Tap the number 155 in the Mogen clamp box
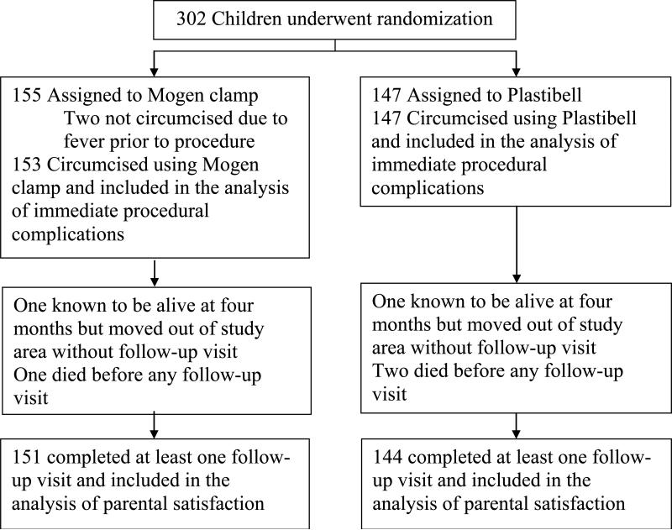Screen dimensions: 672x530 (x=27, y=96)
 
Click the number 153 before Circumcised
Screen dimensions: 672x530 (x=27, y=165)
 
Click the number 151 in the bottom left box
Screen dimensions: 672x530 (x=27, y=458)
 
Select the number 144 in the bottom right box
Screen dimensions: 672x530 (x=387, y=458)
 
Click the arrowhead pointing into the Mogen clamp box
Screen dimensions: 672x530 (x=155, y=71)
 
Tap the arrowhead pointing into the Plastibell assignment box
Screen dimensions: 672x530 (x=516, y=71)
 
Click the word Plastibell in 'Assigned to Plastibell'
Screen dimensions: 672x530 (x=544, y=96)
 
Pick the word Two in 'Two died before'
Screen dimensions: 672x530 (x=388, y=371)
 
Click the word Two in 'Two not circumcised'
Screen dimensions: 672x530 (x=80, y=118)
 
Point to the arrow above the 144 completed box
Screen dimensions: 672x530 (x=516, y=426)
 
